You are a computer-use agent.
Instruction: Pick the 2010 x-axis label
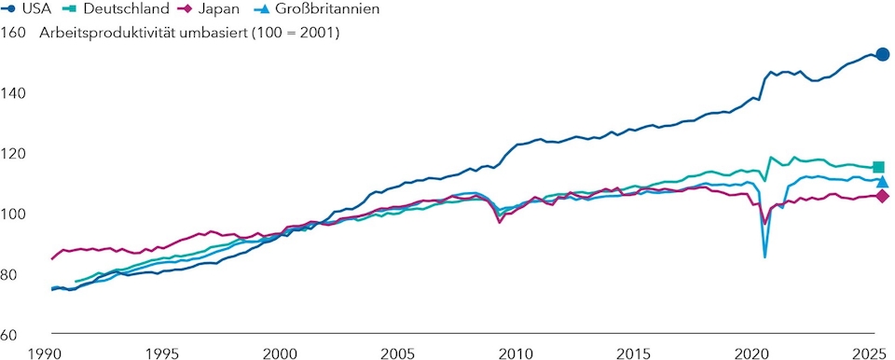click(x=515, y=353)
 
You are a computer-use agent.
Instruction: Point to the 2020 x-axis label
click(x=750, y=353)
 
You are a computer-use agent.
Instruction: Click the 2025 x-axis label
click(x=865, y=353)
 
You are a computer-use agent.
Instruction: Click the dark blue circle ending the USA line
click(x=882, y=55)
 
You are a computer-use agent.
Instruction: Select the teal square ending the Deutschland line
click(x=878, y=167)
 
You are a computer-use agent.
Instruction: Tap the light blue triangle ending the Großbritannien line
click(x=881, y=181)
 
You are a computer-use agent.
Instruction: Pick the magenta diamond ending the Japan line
click(x=882, y=196)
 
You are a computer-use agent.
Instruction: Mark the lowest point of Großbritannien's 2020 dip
click(x=765, y=256)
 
